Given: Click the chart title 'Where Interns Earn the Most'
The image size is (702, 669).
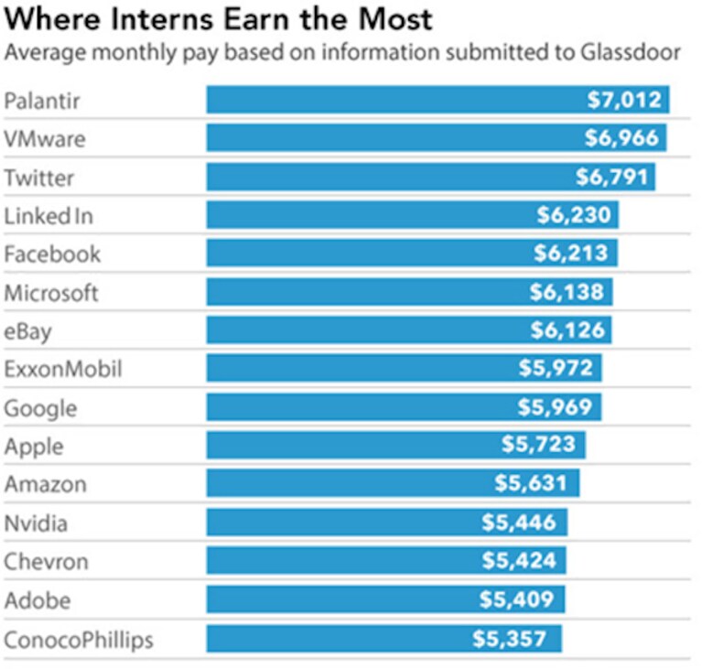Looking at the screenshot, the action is click(x=218, y=19).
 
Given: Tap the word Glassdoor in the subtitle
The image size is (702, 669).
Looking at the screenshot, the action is click(x=631, y=52).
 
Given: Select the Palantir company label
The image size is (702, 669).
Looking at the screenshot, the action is click(x=41, y=101).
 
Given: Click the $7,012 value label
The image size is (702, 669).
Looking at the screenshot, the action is click(x=624, y=100).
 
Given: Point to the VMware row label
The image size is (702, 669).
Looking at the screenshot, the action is click(x=45, y=139).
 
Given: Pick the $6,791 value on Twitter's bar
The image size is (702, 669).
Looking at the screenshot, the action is click(x=611, y=177).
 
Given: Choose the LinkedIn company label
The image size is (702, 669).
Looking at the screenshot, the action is click(x=49, y=216).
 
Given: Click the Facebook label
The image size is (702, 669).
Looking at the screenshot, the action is click(x=52, y=254).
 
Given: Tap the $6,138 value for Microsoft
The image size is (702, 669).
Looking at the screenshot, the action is click(x=567, y=292).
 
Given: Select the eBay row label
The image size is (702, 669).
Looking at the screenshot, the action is click(x=27, y=332).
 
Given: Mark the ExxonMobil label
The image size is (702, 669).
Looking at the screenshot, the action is click(x=62, y=369).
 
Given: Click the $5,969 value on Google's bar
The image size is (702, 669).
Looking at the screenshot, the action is click(x=556, y=407).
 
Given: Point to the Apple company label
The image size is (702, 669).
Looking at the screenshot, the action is click(x=34, y=447).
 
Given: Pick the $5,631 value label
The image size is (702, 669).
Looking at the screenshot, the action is click(x=531, y=483).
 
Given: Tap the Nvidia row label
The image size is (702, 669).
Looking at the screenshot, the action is click(x=36, y=523).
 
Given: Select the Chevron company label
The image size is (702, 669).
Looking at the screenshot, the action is click(x=46, y=562).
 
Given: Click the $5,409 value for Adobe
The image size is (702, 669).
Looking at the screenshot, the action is click(x=516, y=599).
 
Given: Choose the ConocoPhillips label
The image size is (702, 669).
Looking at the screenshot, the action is click(x=79, y=640).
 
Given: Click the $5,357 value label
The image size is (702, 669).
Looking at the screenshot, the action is click(x=510, y=639).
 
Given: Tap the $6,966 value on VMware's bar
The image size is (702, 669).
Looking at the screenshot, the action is click(x=621, y=138).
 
